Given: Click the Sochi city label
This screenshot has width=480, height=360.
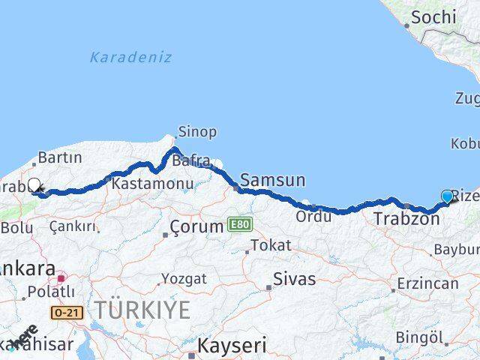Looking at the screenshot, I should (433, 16).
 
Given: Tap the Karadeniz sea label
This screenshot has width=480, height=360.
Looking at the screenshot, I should (130, 57).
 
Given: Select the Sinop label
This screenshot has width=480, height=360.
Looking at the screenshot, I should (197, 132).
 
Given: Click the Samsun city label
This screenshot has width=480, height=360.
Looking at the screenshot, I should (273, 180).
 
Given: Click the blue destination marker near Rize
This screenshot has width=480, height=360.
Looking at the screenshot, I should (448, 196).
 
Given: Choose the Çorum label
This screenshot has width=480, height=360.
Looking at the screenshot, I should (196, 226).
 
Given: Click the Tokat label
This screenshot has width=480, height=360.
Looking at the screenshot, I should (270, 245).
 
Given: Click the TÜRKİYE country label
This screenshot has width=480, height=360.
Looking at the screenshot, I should (142, 308).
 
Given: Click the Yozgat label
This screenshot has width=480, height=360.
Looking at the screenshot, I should (184, 278).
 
